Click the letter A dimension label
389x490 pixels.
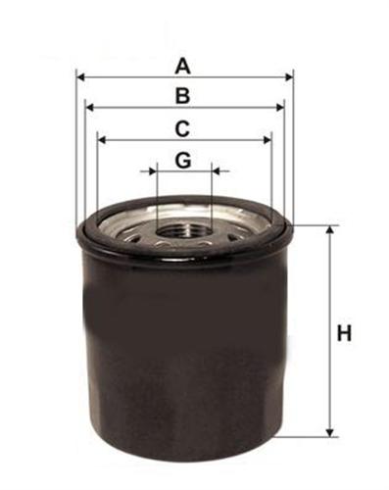point(182,66)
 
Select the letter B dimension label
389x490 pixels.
point(182,96)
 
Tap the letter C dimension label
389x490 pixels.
point(182,129)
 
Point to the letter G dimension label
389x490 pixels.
point(183,161)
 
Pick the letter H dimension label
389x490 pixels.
point(344,333)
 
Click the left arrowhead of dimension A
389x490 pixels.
point(80,77)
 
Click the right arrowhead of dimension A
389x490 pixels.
point(289,77)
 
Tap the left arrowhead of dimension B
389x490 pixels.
point(89,107)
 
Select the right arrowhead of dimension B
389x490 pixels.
point(280,107)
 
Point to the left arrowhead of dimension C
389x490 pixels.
point(102,140)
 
